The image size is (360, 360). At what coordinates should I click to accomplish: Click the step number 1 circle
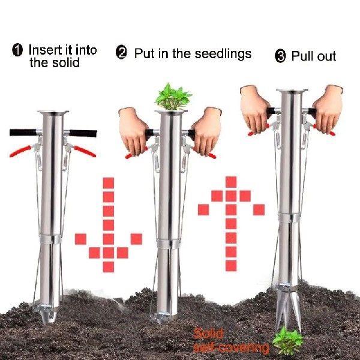18,50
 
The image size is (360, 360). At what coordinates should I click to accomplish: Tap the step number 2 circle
122,53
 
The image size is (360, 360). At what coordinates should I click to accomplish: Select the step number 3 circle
280,57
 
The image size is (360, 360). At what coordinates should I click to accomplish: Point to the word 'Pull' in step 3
304,56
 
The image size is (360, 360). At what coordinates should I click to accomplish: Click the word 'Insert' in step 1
46,50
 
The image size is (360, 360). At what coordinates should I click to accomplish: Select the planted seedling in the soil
287,340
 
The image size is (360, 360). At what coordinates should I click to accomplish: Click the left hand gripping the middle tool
134,129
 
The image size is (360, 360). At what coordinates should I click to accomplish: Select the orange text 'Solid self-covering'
231,341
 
